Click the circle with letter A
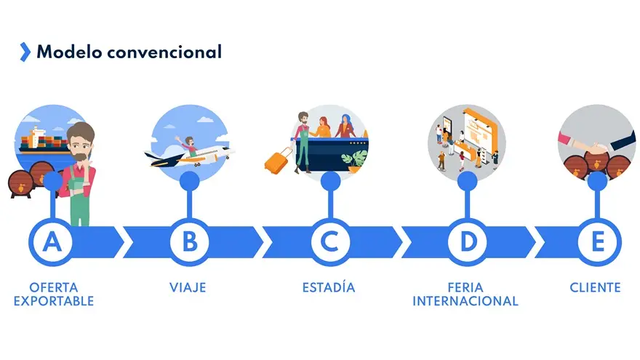(52, 242)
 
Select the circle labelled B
(190, 242)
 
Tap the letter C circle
(330, 242)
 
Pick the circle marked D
(468, 242)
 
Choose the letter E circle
(598, 242)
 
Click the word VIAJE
(188, 287)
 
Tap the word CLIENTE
(595, 287)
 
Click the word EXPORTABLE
(54, 301)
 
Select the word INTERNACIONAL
(465, 301)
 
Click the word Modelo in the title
(69, 52)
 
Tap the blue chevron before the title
(25, 52)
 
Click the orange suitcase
(279, 161)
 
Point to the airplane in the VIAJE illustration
(190, 156)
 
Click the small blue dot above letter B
(190, 180)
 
